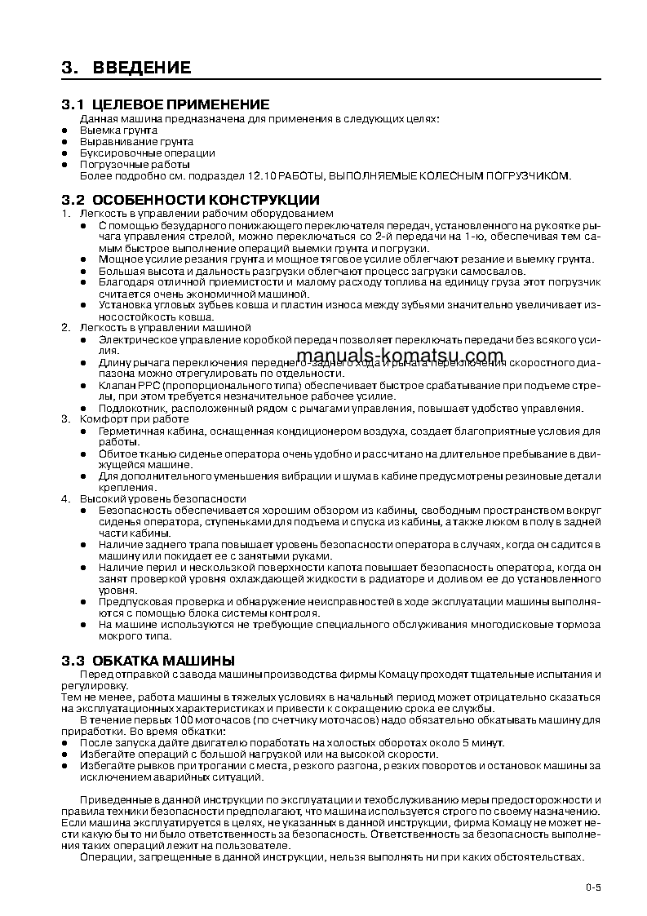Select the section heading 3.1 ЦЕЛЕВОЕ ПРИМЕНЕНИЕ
166,105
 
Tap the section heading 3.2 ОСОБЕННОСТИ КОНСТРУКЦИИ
191,200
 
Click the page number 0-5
592,887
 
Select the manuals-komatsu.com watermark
401,356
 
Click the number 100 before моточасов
170,720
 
